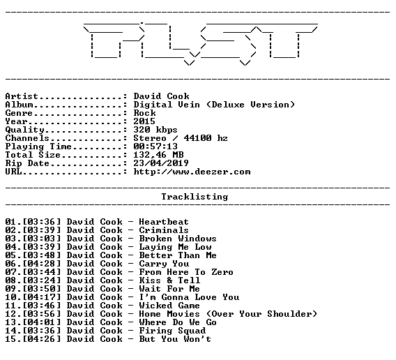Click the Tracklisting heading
tap(195, 197)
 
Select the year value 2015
tap(144, 121)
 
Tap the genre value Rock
tap(144, 113)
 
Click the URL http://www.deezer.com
tap(192, 172)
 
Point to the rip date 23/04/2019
tap(161, 163)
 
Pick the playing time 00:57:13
tap(155, 147)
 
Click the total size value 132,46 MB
tap(158, 155)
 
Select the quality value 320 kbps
tap(155, 130)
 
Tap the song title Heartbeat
tap(164, 222)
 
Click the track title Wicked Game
tap(169, 306)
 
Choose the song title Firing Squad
tap(172, 331)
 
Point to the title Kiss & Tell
tap(169, 280)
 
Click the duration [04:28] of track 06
tap(42, 264)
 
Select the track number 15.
tap(10, 339)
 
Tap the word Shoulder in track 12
tap(289, 314)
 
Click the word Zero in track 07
tap(222, 272)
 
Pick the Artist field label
tap(22, 96)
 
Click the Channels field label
tap(27, 138)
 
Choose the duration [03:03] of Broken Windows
tap(42, 239)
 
